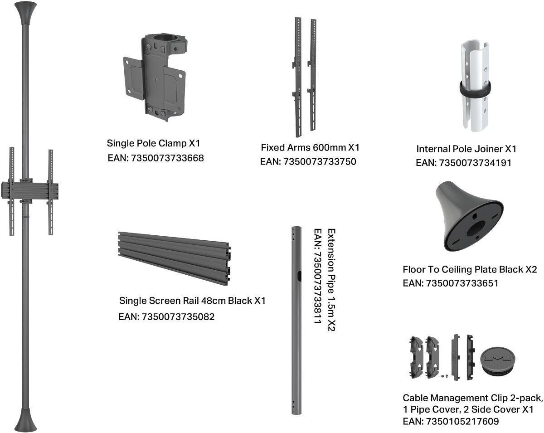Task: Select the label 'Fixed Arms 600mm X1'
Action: (x=310, y=147)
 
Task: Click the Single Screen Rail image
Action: (x=175, y=258)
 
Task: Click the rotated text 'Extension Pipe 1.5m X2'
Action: (x=331, y=280)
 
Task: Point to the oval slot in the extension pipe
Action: (x=299, y=276)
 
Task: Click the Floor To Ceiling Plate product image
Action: (x=469, y=217)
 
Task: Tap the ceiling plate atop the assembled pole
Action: (x=25, y=13)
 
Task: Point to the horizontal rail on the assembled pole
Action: (x=30, y=191)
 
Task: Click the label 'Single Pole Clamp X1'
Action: (x=153, y=143)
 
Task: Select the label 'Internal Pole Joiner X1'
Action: (x=466, y=149)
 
